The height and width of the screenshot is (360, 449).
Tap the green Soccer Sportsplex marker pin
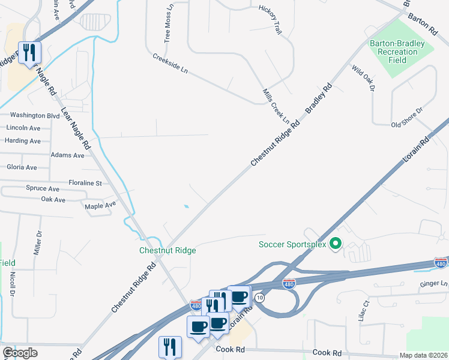(336, 244)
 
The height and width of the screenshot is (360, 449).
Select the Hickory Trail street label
(270, 20)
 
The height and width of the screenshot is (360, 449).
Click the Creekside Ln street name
(170, 64)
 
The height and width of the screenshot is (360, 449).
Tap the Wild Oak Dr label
(363, 78)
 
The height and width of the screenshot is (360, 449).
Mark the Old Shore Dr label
(407, 118)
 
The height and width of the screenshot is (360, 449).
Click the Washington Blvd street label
(35, 115)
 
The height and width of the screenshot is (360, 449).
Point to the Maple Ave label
(100, 205)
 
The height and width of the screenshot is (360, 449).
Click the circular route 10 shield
(259, 298)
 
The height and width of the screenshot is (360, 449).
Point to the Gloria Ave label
(21, 167)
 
